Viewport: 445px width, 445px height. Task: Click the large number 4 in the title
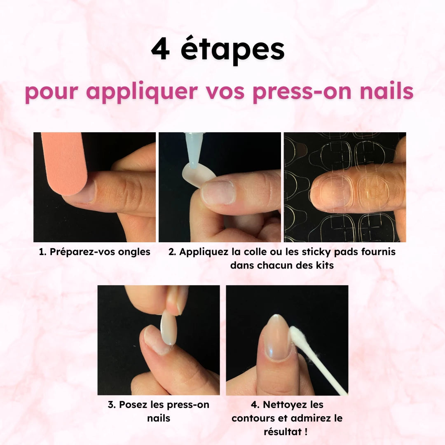[160, 49]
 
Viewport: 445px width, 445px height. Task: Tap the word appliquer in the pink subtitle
[142, 92]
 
